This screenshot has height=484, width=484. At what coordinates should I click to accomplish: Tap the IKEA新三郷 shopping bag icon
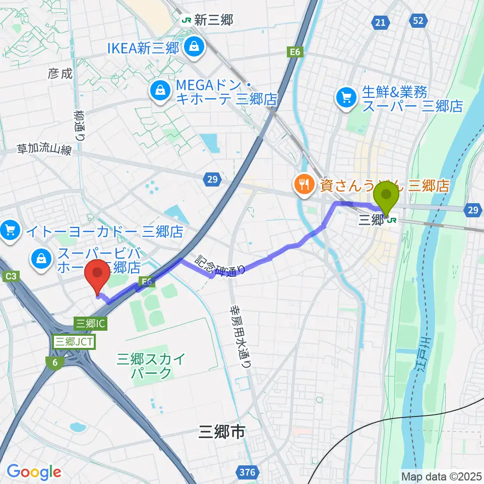click(x=192, y=47)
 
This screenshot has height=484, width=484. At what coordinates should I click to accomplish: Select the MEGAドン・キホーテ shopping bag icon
click(x=159, y=90)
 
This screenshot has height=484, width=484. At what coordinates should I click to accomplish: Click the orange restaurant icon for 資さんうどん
click(x=304, y=185)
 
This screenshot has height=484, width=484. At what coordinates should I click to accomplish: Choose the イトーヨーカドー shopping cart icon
click(x=11, y=231)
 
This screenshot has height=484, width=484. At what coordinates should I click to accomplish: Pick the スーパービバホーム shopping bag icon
click(x=40, y=259)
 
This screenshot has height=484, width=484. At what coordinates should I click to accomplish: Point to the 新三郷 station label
click(x=207, y=20)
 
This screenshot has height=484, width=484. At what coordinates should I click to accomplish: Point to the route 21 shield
click(x=381, y=22)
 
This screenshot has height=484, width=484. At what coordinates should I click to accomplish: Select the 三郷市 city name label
click(x=221, y=432)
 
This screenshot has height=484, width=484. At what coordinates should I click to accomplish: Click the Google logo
click(x=34, y=472)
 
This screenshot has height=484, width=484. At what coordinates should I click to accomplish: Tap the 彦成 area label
click(x=60, y=74)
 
